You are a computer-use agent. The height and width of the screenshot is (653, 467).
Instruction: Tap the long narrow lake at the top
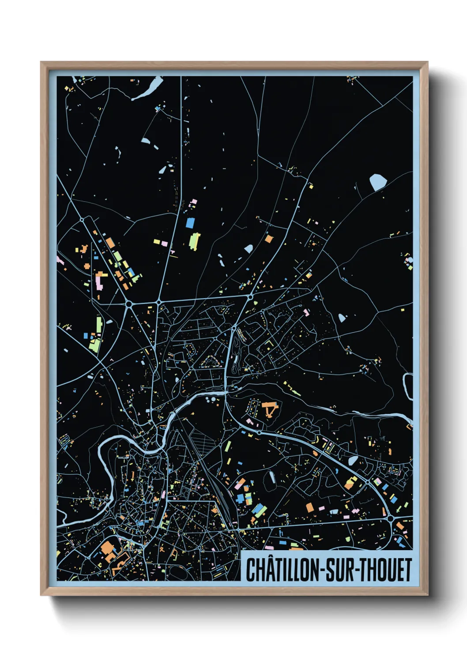click(x=148, y=89)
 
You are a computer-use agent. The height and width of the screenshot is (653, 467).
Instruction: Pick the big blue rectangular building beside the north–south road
click(x=190, y=222)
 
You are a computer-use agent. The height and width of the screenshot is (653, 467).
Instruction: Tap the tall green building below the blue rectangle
click(x=194, y=241)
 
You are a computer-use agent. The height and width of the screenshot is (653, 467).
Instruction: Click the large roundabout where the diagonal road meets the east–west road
click(x=129, y=304)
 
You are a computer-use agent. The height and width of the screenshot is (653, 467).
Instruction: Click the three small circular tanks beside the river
click(x=211, y=400)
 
